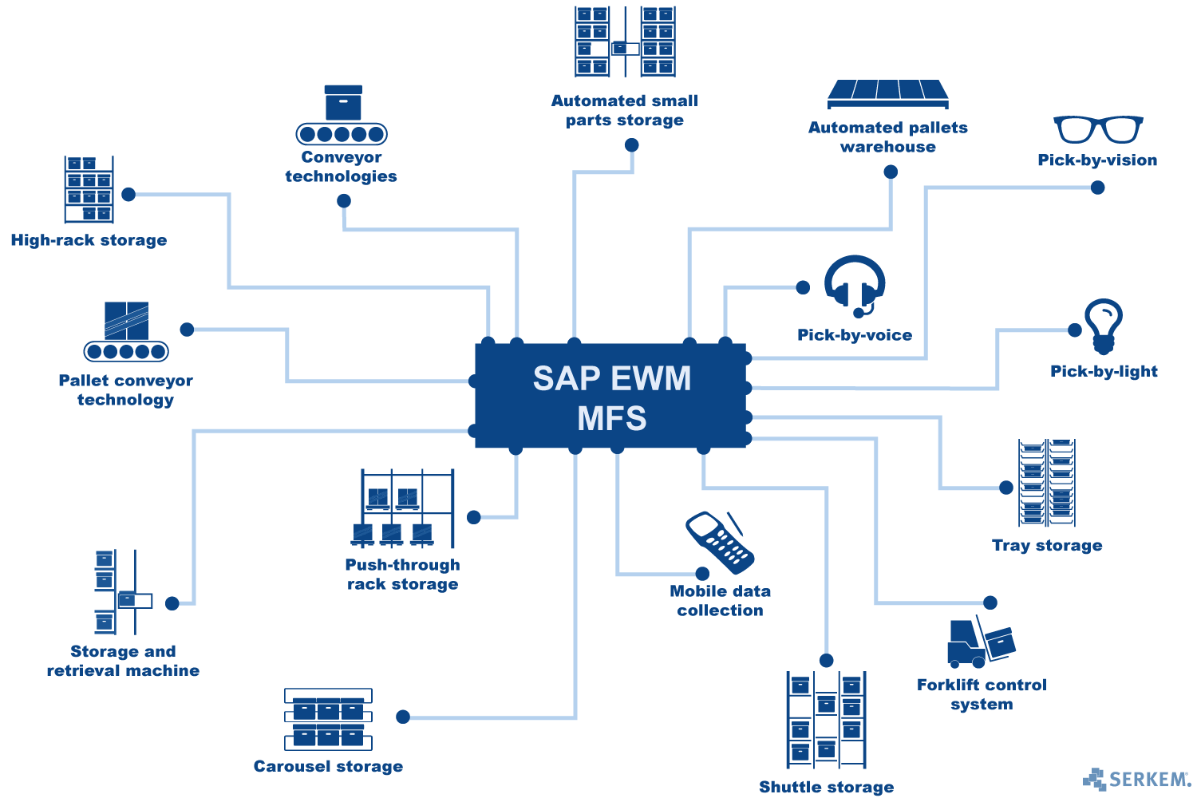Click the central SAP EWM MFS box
pos(610,396)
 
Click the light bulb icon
pos(1104,326)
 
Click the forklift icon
pos(980,643)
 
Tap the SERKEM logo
pos(1137,779)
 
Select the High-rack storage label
pos(89,240)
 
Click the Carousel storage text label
pos(328,766)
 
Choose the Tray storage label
pos(1047,546)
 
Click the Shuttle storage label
pos(826,787)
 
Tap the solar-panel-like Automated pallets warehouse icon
pos(888,93)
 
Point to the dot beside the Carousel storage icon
pos(403,717)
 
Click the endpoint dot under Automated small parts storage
pos(631,144)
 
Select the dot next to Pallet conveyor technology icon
pos(187,330)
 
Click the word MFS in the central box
pos(611,418)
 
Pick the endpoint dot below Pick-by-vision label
pos(1097,188)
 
